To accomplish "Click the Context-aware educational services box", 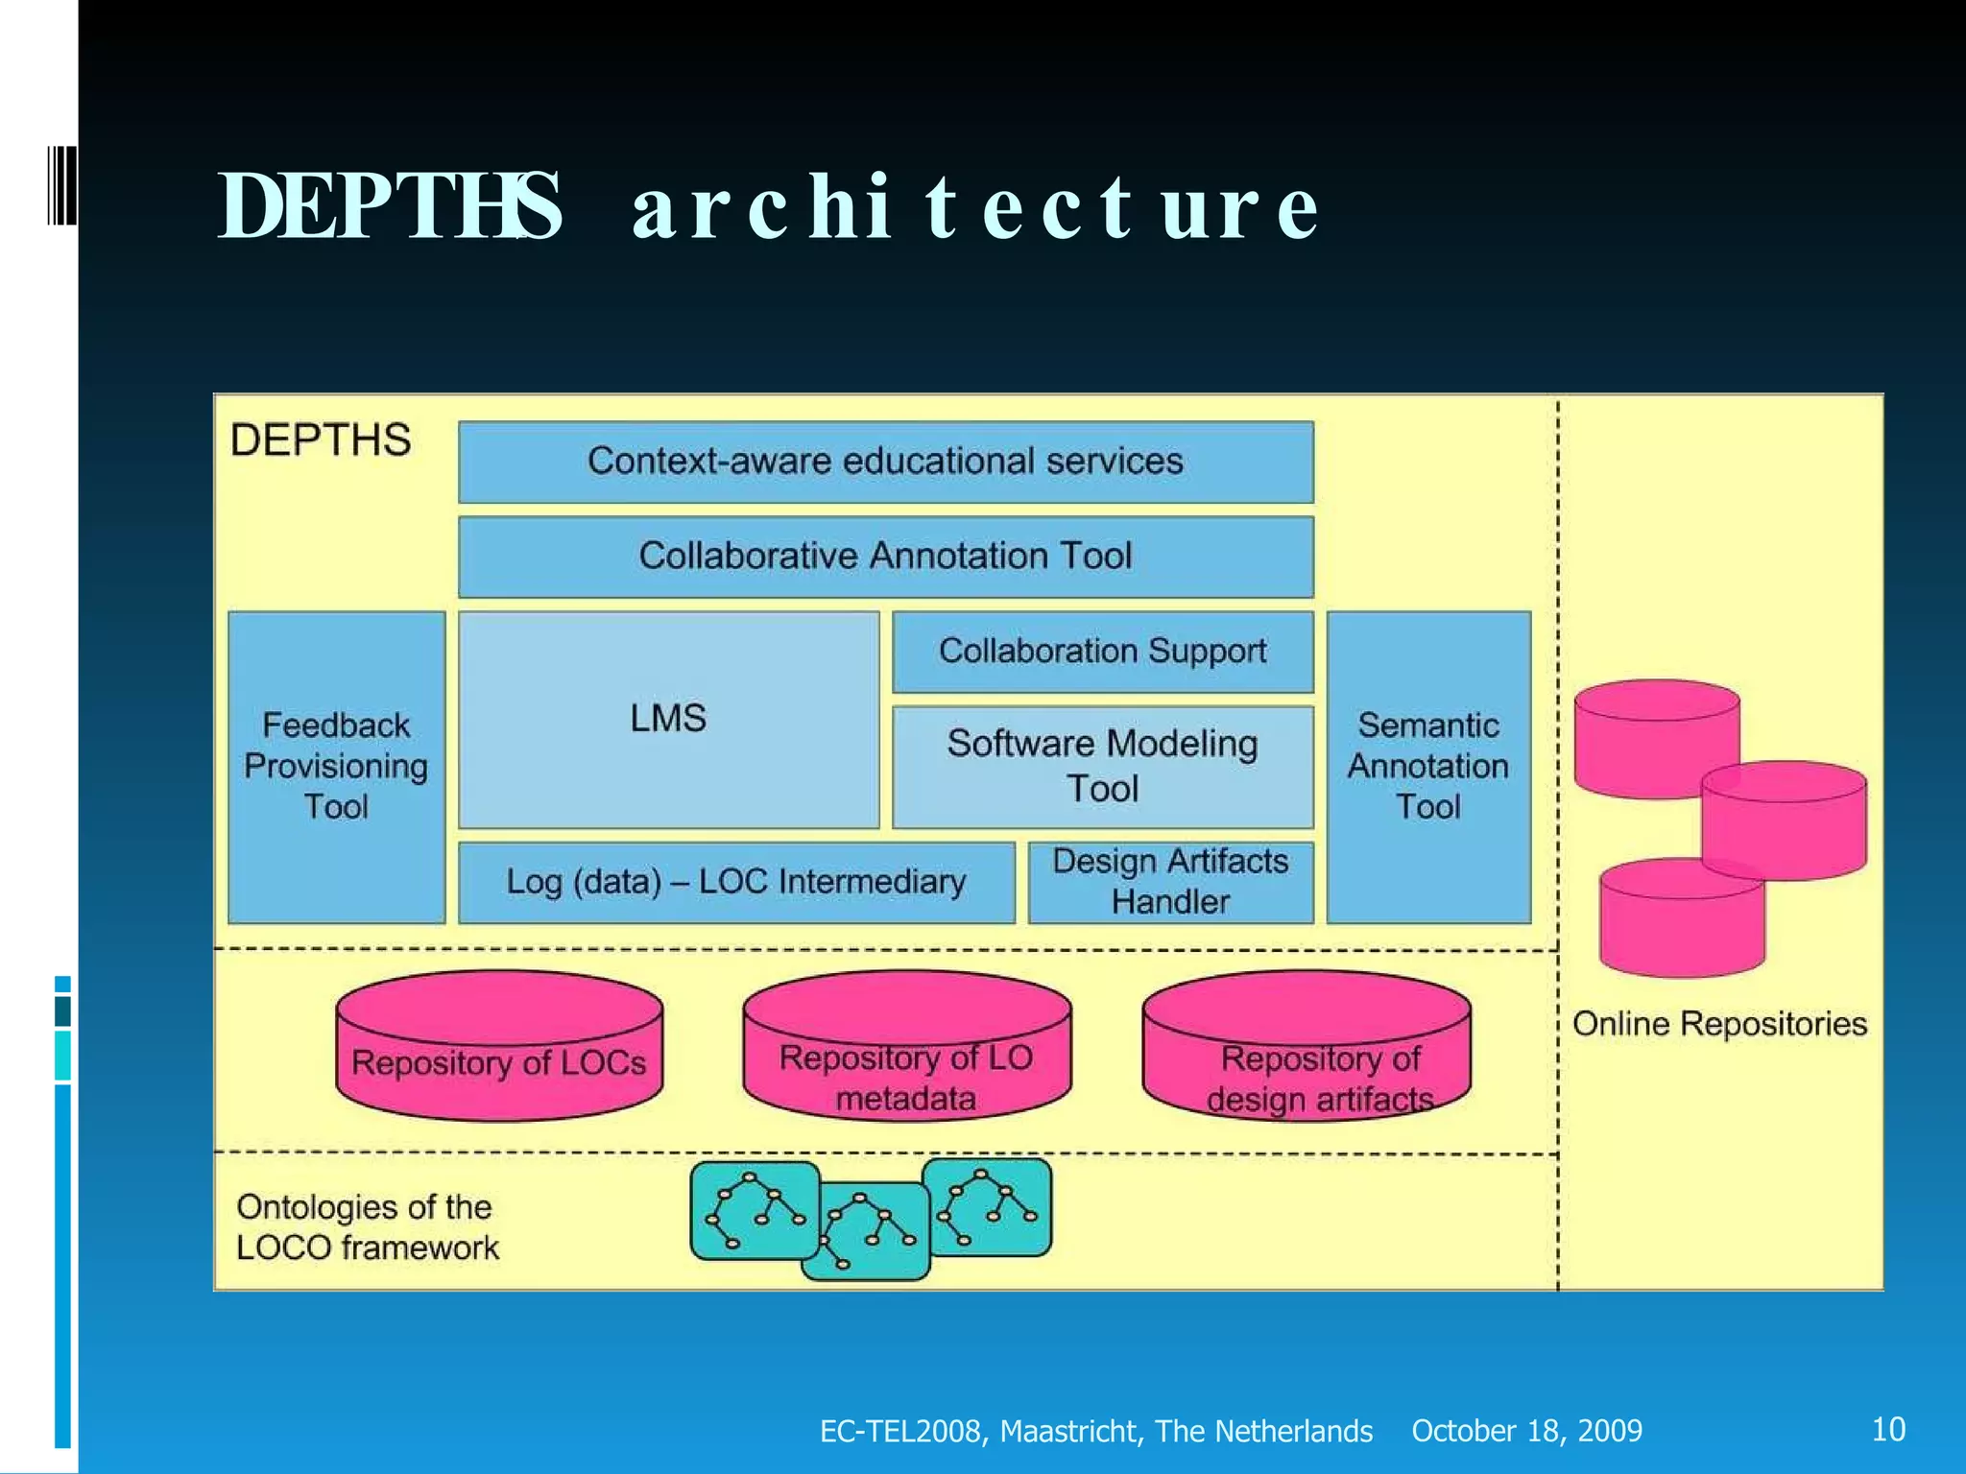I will coord(885,462).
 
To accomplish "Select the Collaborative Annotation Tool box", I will coord(885,557).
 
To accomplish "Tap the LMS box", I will coord(668,719).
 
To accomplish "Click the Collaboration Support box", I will coord(1102,652).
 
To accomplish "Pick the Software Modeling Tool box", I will coord(1102,766).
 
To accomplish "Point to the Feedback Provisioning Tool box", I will coord(336,767).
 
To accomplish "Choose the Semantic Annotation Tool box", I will coord(1428,767).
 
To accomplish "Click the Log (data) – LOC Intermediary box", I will coord(735,882).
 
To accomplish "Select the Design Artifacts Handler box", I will coord(1170,882).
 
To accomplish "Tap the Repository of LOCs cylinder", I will coord(499,1046).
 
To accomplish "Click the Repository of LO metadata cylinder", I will coord(906,1046).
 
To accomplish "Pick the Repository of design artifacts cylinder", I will coord(1306,1046).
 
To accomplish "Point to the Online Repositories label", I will coord(1719,1024).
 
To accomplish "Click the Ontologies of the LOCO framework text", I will coord(367,1227).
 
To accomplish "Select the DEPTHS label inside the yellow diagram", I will coord(321,440).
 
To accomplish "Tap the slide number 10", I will coord(1888,1429).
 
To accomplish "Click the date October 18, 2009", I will coord(1526,1431).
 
